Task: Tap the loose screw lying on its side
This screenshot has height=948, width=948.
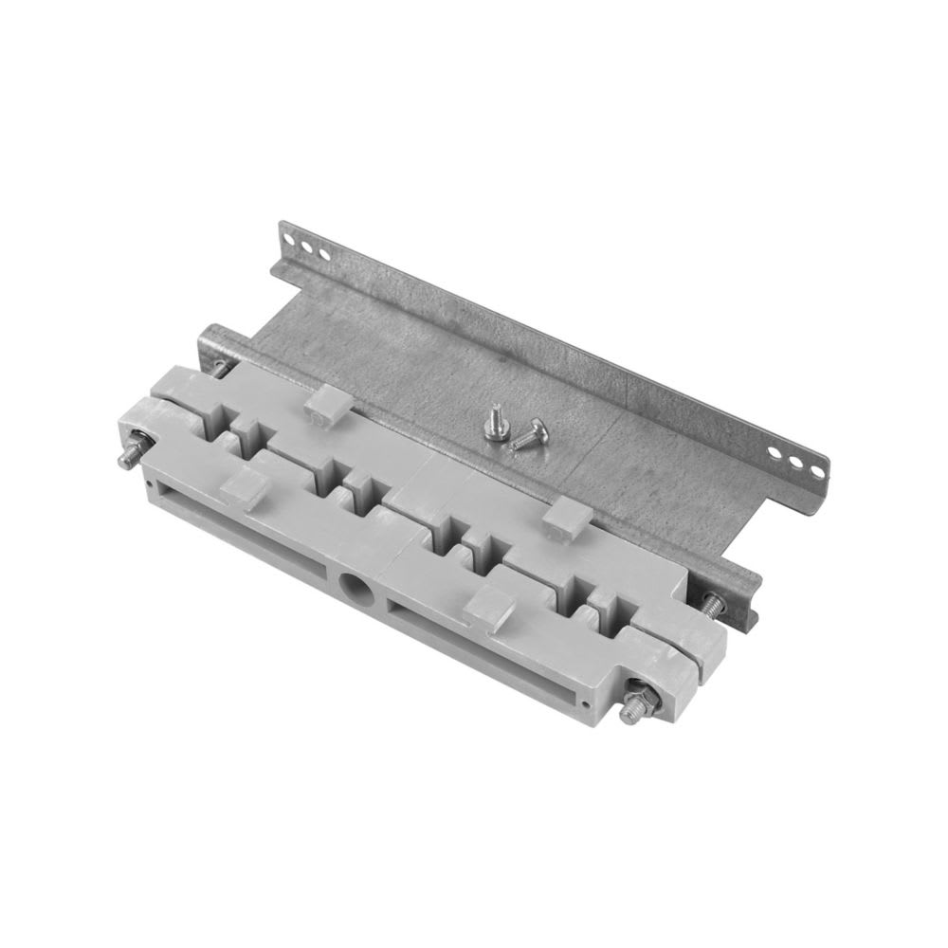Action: tap(524, 436)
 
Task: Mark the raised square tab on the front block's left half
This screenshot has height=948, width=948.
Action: tap(241, 485)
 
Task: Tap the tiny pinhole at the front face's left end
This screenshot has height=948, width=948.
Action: tap(148, 485)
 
